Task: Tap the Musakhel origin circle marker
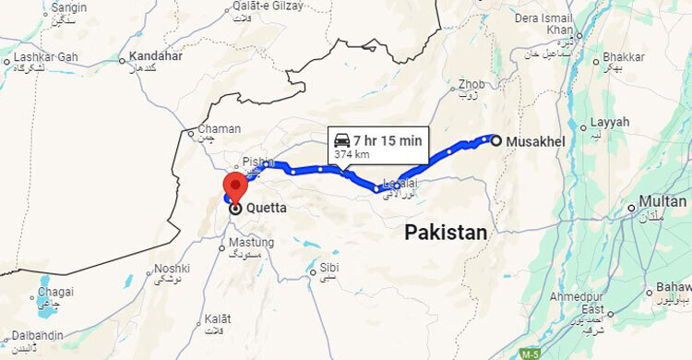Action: coord(496,141)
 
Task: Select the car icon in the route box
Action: coord(341,140)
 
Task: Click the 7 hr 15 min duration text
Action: coord(387,140)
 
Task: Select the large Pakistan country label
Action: coord(446,233)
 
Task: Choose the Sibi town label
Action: coord(328,269)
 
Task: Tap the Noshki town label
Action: coord(171,269)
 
